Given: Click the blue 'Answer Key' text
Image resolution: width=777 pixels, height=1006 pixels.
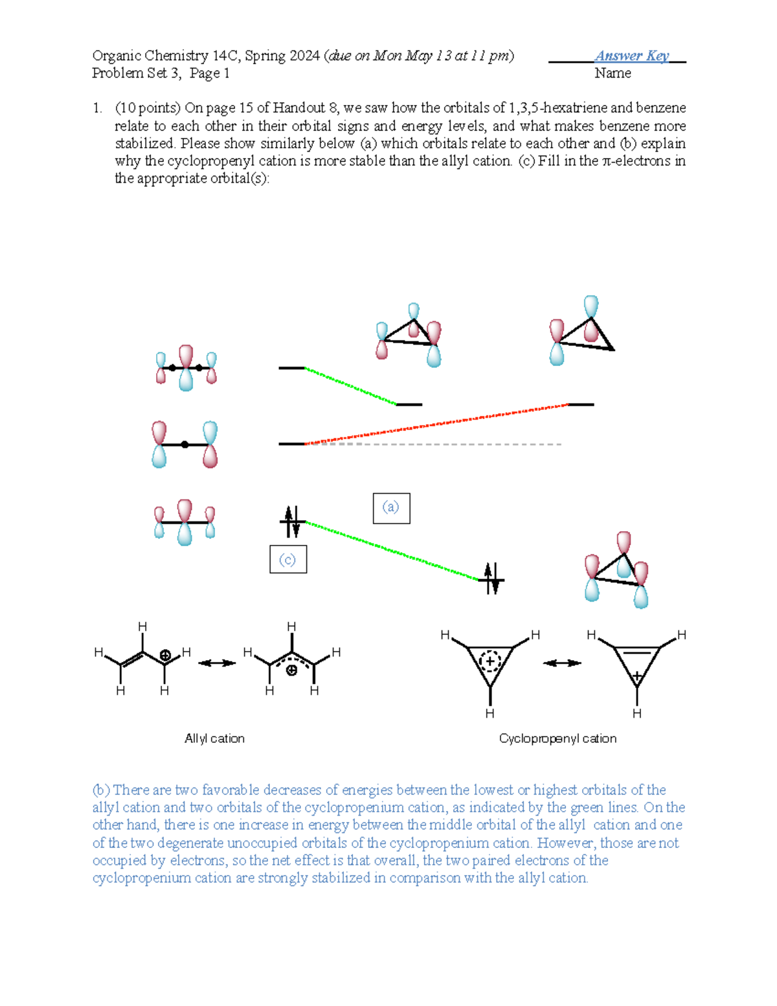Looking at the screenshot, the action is pos(632,56).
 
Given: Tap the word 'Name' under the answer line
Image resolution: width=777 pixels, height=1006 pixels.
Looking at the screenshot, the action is pos(613,73).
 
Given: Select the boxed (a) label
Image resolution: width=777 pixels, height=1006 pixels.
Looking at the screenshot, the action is pos(391,508).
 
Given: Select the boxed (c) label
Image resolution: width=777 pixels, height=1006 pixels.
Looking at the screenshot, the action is pos(288,560).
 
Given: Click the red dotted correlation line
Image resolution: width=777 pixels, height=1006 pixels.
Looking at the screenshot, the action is pos(436,424).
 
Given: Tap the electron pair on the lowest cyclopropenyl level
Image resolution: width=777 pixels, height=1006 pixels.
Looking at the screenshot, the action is pos(491,579).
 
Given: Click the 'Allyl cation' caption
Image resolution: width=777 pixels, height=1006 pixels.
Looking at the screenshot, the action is pos(214,738).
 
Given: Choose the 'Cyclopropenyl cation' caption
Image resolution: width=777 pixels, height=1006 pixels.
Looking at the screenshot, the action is pos(557,738).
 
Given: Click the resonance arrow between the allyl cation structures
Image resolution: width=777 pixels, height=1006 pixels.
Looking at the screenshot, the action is pos(217,663).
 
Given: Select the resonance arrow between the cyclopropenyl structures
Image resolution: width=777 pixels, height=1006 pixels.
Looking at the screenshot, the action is pos(562,663).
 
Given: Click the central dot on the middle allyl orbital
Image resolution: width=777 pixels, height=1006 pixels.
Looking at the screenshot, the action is pos(185,444).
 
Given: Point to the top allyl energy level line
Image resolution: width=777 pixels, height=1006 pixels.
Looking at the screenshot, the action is pos(291,368).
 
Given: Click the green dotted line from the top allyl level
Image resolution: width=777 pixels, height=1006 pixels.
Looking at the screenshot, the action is pos(350,386).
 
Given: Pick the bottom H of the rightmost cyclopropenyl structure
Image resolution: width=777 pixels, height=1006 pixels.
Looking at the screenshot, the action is pos(636,713).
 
